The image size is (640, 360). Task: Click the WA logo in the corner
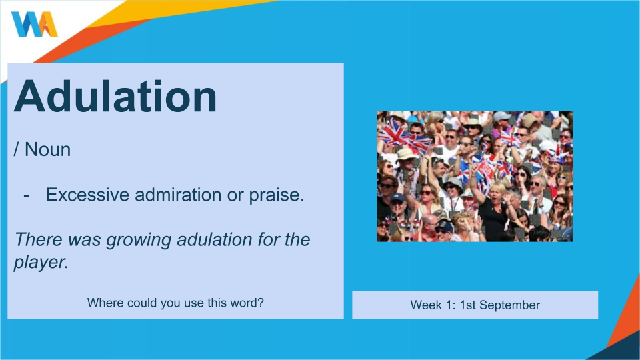click(x=34, y=24)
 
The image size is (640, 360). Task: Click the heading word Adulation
click(x=115, y=96)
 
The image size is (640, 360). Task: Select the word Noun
click(x=47, y=149)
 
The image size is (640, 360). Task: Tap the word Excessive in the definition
click(x=87, y=195)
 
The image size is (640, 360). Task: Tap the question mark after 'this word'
click(x=261, y=303)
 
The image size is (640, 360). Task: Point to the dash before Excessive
click(x=27, y=196)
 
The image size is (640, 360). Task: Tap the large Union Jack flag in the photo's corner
click(x=394, y=131)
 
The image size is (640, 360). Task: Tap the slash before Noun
click(x=16, y=150)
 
